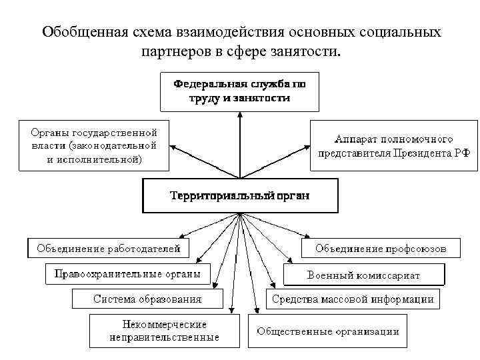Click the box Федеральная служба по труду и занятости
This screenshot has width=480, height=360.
click(x=239, y=91)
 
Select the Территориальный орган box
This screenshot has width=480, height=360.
click(x=239, y=196)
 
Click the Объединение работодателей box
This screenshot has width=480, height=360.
click(x=108, y=249)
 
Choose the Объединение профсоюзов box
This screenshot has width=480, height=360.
click(x=381, y=249)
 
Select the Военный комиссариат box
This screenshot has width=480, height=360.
click(x=363, y=275)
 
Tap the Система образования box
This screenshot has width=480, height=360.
click(x=147, y=299)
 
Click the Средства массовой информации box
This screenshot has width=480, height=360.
click(x=353, y=299)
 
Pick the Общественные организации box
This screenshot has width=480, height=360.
click(x=328, y=331)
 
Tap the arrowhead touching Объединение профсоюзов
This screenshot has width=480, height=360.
click(x=307, y=236)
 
